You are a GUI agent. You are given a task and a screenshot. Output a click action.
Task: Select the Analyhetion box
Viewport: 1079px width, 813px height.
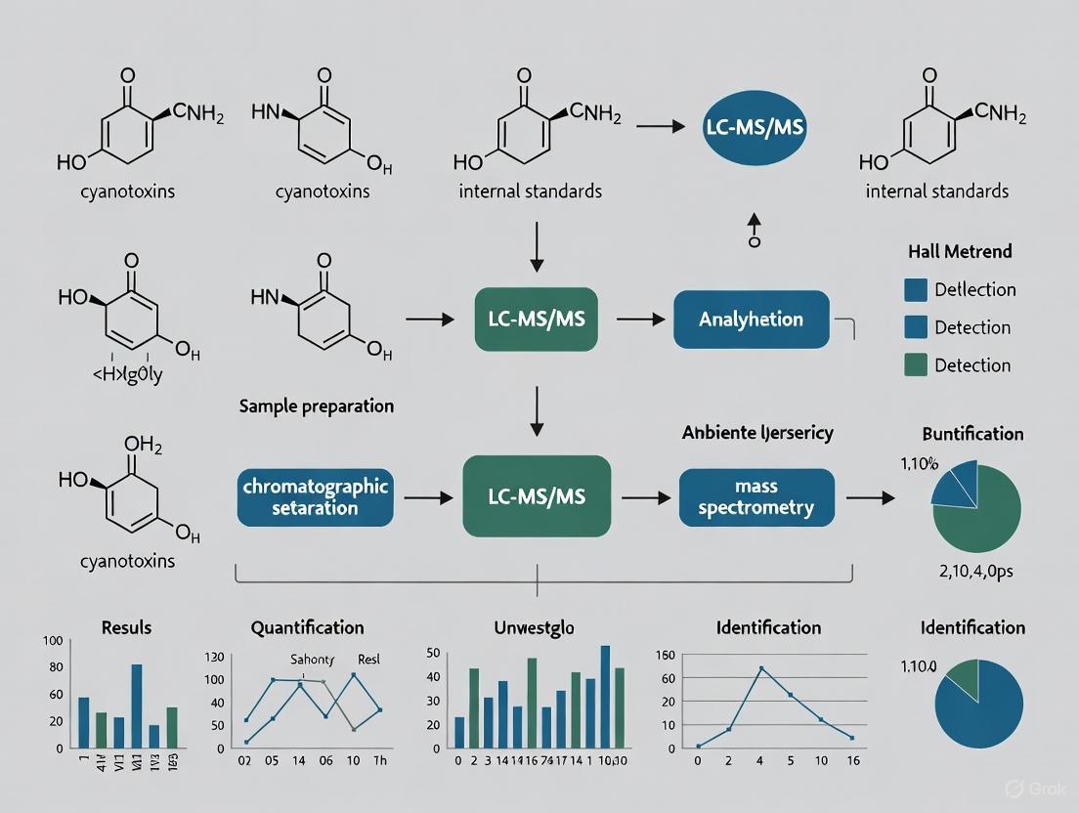click(x=751, y=320)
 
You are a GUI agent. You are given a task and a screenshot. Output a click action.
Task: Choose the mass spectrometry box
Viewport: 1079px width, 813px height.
click(x=756, y=496)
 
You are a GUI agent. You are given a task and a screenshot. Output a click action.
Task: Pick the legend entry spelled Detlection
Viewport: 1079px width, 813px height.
click(x=974, y=289)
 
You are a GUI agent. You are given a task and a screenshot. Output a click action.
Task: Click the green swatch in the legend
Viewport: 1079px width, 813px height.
click(x=917, y=365)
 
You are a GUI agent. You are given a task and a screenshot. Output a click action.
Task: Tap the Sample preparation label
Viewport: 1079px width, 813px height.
click(x=316, y=406)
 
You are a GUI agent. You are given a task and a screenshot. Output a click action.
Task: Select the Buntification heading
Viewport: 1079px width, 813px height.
click(x=972, y=434)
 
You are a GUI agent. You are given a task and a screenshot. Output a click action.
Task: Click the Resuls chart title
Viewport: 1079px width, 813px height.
click(x=127, y=627)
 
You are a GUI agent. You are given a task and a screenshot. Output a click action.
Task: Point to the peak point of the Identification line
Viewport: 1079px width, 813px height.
click(x=760, y=668)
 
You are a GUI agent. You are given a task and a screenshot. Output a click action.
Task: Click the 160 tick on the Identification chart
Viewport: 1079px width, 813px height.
click(x=668, y=655)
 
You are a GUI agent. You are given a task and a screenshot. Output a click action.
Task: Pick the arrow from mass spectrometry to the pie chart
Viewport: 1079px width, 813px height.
click(x=870, y=497)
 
